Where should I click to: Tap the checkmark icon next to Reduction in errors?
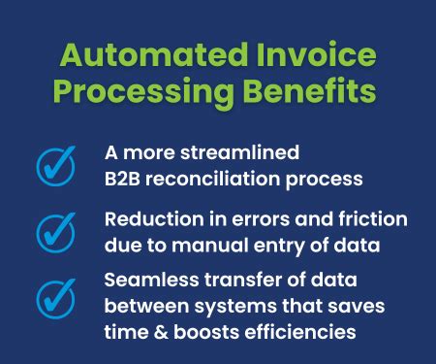coord(55,232)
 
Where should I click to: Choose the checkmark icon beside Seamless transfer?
coord(55,297)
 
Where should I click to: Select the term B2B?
coord(125,179)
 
